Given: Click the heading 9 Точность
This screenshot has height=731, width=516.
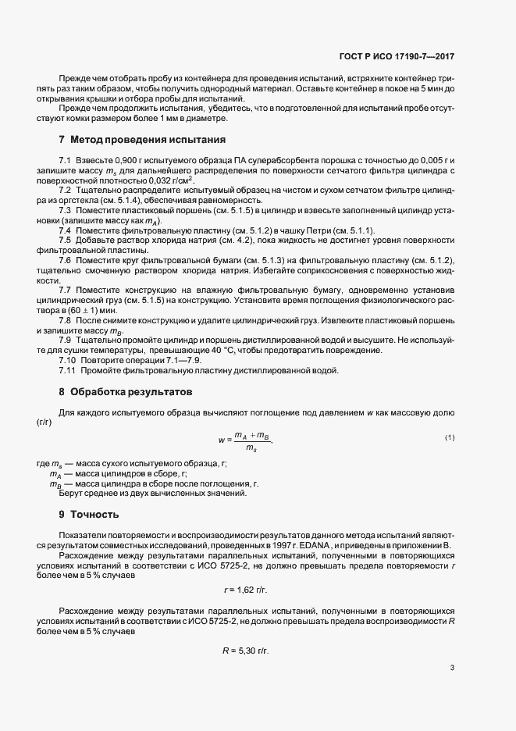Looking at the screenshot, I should pyautogui.click(x=89, y=515).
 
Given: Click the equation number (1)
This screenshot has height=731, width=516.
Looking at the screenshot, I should pyautogui.click(x=450, y=437).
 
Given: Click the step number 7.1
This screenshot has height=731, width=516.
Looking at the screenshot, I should pyautogui.click(x=66, y=159).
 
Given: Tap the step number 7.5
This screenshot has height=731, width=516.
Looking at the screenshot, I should pyautogui.click(x=66, y=240).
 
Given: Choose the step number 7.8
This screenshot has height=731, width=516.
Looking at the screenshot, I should pyautogui.click(x=66, y=320).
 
